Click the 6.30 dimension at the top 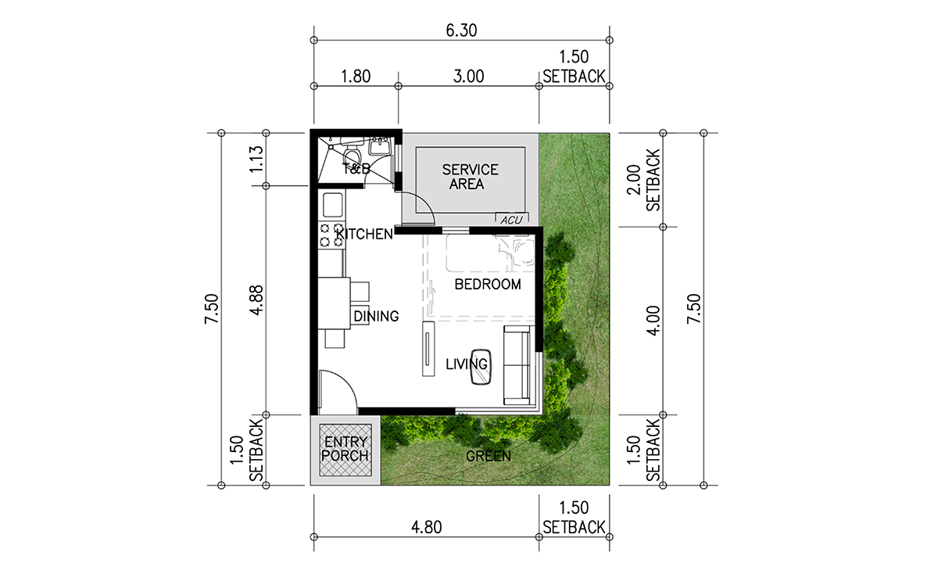(461, 30)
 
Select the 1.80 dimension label (356, 77)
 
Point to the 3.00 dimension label (468, 77)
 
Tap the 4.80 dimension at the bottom (426, 527)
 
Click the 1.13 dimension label (256, 160)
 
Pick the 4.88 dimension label (256, 300)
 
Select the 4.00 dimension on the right (653, 321)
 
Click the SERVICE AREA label (470, 177)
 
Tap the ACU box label (511, 220)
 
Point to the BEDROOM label (488, 285)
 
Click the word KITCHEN (364, 234)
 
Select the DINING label (376, 317)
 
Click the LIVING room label (467, 364)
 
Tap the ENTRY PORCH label (345, 449)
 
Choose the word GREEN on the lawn (489, 456)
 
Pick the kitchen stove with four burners (331, 235)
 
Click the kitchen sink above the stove (332, 204)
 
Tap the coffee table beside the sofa (482, 367)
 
